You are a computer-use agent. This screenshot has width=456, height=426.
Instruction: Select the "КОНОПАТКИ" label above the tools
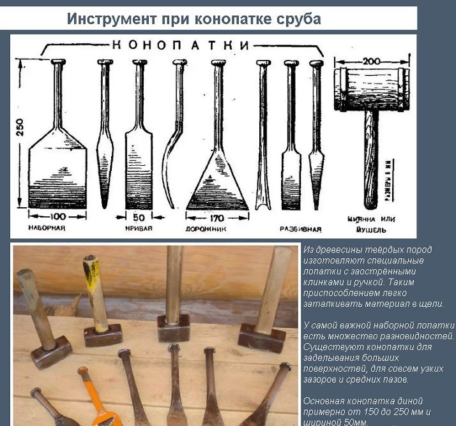point(181,45)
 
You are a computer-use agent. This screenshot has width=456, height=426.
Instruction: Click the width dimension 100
point(58,217)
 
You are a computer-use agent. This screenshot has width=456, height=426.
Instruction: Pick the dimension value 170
point(217,217)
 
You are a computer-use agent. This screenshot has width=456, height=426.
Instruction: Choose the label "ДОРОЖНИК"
point(204,228)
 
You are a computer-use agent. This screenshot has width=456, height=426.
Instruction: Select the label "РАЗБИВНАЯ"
point(300,228)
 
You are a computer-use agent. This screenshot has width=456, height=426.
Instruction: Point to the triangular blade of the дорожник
point(217,182)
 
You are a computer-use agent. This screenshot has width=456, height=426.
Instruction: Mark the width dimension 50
point(139,217)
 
